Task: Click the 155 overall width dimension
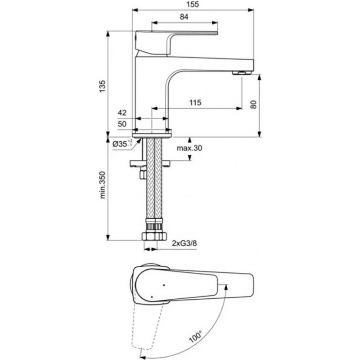[x=193, y=4]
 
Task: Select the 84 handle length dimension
[x=184, y=17]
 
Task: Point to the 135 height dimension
[x=103, y=86]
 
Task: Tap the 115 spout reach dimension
[x=195, y=103]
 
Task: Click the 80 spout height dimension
[x=253, y=105]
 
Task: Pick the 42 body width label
[x=122, y=112]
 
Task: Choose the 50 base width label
[x=122, y=124]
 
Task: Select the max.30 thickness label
[x=189, y=148]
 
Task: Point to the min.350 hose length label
[x=103, y=185]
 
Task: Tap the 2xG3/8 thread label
[x=184, y=243]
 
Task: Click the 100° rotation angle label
[x=196, y=337]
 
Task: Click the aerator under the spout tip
[x=242, y=73]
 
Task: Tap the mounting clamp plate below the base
[x=150, y=163]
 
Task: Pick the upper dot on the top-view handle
[x=164, y=285]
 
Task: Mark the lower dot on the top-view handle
[x=152, y=297]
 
